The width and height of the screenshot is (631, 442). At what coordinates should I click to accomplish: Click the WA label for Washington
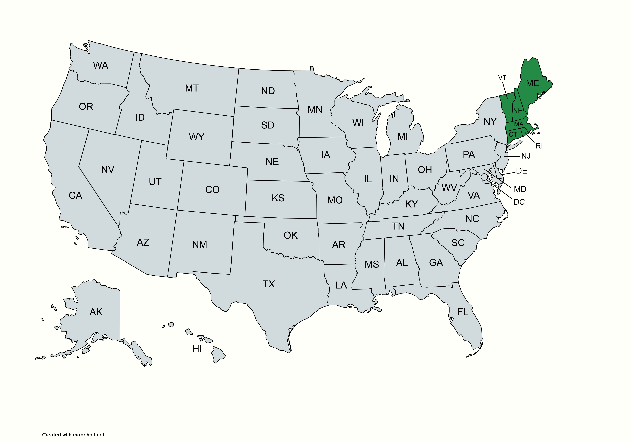[101, 65]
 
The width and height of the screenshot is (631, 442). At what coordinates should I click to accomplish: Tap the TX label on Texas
[269, 284]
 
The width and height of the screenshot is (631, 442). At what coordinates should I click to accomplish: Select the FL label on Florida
[463, 312]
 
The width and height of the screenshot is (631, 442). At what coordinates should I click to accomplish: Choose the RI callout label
[539, 146]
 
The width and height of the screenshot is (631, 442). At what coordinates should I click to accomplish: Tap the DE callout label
[521, 171]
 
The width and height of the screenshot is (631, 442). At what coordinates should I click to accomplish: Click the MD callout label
[520, 189]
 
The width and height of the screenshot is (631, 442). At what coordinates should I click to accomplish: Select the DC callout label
[519, 202]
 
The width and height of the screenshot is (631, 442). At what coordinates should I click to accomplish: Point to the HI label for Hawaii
[197, 349]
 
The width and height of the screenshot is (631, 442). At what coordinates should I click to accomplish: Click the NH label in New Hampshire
[518, 111]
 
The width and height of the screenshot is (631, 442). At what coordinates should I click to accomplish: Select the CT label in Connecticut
[513, 134]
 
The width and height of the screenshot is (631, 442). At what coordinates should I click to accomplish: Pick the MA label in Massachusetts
[519, 124]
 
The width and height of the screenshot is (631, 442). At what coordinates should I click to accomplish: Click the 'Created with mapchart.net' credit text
[73, 435]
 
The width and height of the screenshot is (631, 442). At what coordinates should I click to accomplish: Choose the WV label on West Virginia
[449, 188]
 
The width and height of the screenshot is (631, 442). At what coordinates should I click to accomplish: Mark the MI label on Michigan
[403, 137]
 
